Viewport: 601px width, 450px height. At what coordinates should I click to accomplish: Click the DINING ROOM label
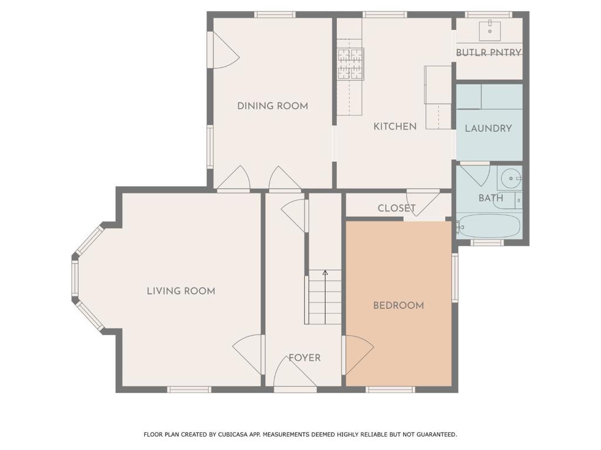click(272, 106)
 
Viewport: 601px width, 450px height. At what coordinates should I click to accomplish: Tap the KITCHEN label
click(395, 127)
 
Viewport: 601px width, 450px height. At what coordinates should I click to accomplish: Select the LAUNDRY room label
click(488, 128)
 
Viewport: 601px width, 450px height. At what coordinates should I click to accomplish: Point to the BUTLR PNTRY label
click(489, 52)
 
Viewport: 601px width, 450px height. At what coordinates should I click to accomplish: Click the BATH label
click(491, 198)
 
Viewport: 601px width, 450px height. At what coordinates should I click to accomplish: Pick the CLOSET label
click(396, 208)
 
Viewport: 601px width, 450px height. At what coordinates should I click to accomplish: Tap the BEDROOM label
click(399, 305)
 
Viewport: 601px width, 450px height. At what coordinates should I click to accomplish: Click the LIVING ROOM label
click(181, 291)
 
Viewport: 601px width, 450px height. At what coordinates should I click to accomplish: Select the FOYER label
click(305, 358)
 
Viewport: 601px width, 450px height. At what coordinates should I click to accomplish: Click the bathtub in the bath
click(489, 226)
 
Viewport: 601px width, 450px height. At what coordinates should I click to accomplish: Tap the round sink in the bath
click(510, 178)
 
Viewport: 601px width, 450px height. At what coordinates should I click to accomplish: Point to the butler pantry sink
click(490, 31)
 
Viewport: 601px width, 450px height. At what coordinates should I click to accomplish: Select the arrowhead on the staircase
click(325, 272)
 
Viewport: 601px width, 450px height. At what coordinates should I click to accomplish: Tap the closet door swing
click(423, 204)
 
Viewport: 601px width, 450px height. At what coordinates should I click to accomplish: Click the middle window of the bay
click(75, 278)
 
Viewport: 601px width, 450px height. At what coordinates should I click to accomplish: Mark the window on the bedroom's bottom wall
click(390, 390)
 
